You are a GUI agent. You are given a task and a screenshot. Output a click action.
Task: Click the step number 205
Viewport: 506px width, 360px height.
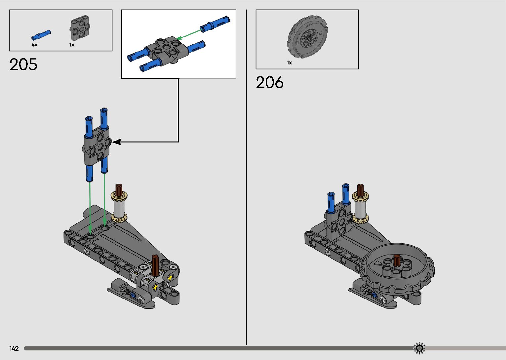click(x=23, y=64)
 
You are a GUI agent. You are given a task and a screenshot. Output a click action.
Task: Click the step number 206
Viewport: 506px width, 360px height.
click(x=270, y=82)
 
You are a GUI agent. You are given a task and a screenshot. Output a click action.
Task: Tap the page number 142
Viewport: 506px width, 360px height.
click(x=14, y=348)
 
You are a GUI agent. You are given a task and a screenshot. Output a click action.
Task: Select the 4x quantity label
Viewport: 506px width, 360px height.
click(x=34, y=45)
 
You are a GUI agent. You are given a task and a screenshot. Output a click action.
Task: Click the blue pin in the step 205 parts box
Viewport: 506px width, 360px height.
click(x=41, y=34)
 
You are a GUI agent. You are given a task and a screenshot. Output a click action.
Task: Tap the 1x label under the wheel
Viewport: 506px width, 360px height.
click(x=289, y=62)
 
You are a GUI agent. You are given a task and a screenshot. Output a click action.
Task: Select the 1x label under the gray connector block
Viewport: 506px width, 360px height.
click(x=72, y=45)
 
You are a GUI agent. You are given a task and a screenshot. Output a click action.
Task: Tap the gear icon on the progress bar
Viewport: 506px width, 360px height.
click(x=419, y=348)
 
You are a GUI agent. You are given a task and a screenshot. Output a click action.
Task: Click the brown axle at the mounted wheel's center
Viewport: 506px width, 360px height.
click(x=397, y=260)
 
